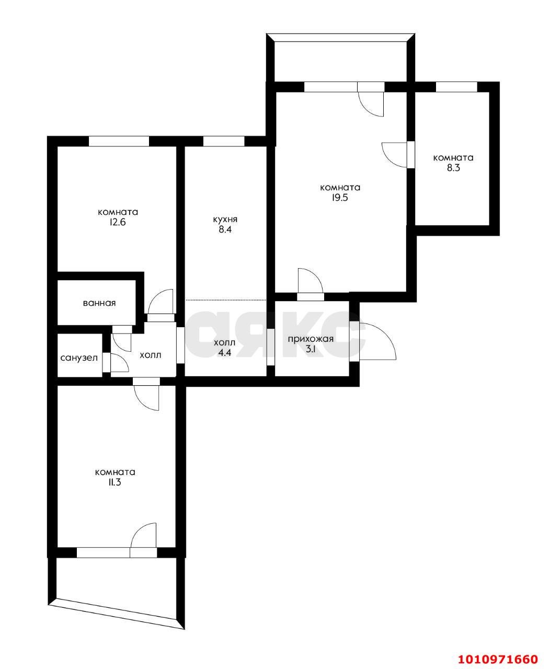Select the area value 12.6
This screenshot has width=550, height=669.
[118, 222]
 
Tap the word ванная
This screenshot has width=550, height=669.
[99, 303]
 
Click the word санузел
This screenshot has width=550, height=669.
[79, 358]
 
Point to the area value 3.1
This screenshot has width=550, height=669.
[311, 350]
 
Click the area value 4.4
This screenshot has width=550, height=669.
[225, 353]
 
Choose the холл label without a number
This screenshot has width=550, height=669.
[150, 355]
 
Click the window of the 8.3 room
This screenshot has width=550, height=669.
[456, 87]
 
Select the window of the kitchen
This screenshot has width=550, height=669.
[223, 141]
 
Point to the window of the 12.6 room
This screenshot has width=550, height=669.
[119, 141]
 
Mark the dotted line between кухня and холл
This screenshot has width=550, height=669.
[226, 300]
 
